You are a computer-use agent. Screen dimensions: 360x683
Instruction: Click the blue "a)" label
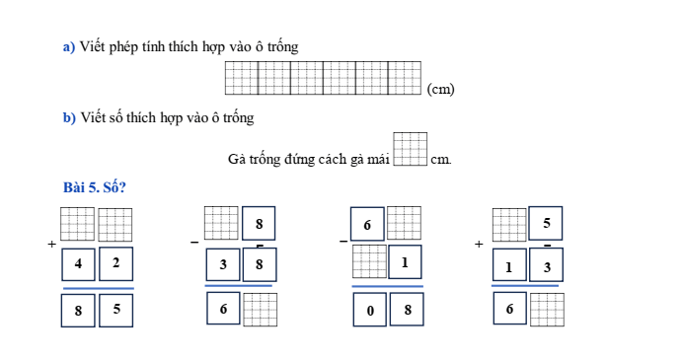69,46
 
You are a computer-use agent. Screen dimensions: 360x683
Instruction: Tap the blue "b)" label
69,118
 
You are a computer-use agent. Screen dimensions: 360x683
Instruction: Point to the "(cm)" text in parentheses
440,89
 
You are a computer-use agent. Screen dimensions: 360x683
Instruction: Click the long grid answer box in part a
323,78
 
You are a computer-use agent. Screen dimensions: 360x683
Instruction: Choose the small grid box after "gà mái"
411,150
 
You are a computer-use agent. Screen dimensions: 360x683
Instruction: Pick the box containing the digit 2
115,263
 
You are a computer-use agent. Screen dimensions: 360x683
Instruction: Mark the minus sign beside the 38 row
194,241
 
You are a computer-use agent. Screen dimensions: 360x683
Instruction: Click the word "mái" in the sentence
379,158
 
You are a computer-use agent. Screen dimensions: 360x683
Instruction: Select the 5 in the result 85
115,310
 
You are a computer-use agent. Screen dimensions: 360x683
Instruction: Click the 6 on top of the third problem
367,225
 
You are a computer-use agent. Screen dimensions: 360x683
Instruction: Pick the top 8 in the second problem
259,223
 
